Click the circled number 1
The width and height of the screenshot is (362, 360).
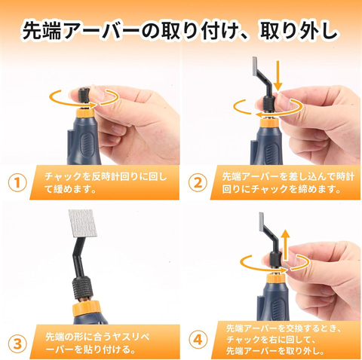pyautogui.click(x=17, y=183)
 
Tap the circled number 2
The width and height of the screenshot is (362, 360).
pyautogui.click(x=198, y=182)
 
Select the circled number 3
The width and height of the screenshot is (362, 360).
pyautogui.click(x=17, y=343)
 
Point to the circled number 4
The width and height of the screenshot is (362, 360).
pyautogui.click(x=198, y=340)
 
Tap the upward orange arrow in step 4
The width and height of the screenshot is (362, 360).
pyautogui.click(x=285, y=245)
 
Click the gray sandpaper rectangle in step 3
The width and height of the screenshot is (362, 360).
pyautogui.click(x=83, y=224)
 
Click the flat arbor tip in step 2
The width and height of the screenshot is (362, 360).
pyautogui.click(x=255, y=66)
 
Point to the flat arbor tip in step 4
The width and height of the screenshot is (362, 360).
pyautogui.click(x=261, y=221)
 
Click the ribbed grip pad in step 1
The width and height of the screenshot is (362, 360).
pyautogui.click(x=87, y=146)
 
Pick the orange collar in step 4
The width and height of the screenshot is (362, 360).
pyautogui.click(x=276, y=278)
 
